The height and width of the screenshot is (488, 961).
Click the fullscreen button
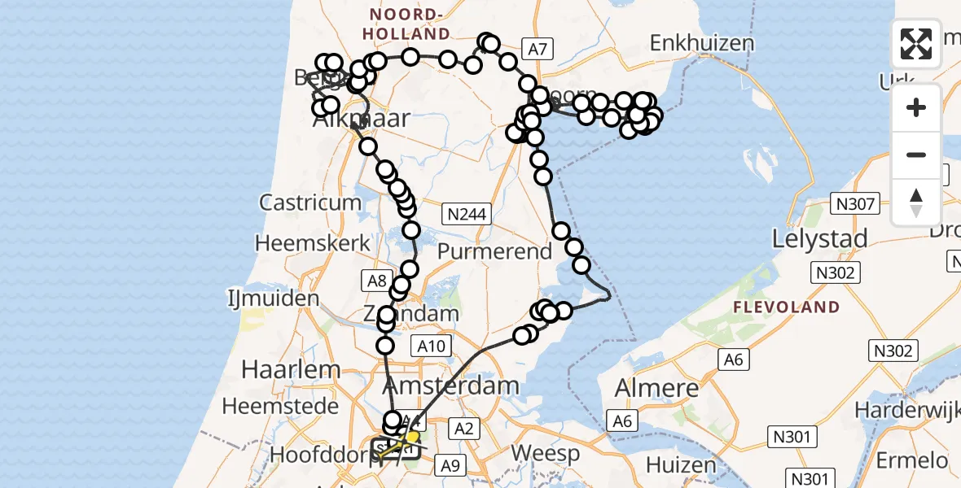916,44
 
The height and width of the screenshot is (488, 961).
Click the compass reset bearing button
916,203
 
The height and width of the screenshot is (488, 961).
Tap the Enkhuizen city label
702,43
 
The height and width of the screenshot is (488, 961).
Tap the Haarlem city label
291,369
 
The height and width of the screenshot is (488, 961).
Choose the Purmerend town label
495,251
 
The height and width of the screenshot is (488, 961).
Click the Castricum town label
309,203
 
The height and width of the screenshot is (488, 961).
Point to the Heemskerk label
303,242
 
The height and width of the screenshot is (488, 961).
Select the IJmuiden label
273,298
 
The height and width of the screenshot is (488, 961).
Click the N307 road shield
853,203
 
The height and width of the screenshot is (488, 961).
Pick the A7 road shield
537,50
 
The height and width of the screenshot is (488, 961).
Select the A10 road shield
432,346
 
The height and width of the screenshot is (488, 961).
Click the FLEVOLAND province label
786,307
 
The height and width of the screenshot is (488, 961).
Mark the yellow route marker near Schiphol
413,437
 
